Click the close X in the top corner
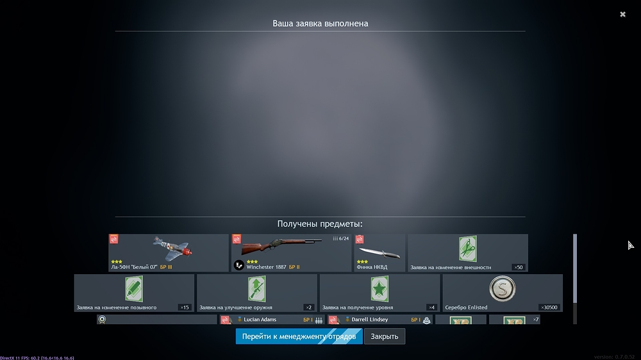pyautogui.click(x=622, y=14)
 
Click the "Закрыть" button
pyautogui.click(x=385, y=336)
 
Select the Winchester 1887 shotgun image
pyautogui.click(x=282, y=246)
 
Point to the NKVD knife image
pyautogui.click(x=379, y=251)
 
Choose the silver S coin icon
pyautogui.click(x=502, y=289)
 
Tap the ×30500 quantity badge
pyautogui.click(x=549, y=307)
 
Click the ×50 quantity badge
pyautogui.click(x=517, y=267)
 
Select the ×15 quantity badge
pyautogui.click(x=184, y=307)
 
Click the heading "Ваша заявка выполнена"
pyautogui.click(x=320, y=24)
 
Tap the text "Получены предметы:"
pyautogui.click(x=320, y=224)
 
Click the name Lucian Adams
pyautogui.click(x=261, y=319)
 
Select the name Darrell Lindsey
pyautogui.click(x=370, y=319)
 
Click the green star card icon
pyautogui.click(x=379, y=289)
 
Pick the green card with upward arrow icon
pyautogui.click(x=256, y=289)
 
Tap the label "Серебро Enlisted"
pyautogui.click(x=466, y=307)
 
